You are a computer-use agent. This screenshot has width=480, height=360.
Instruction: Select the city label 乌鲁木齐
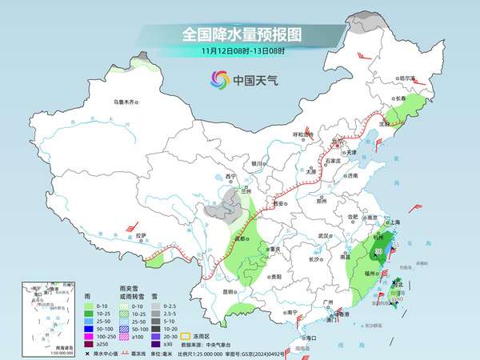[x=126, y=102]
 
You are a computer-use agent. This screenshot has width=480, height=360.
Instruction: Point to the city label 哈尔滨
[x=408, y=78]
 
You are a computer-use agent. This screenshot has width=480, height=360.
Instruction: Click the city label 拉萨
[x=141, y=235]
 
